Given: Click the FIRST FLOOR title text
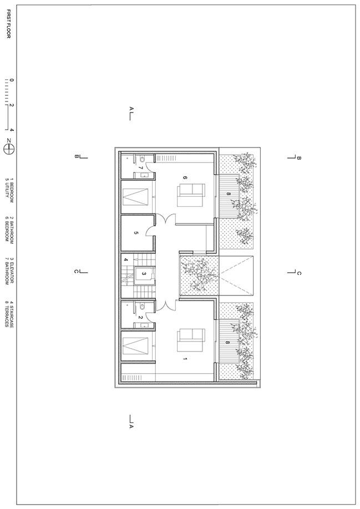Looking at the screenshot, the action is pyautogui.click(x=8, y=24).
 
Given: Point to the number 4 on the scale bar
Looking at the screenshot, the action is pyautogui.click(x=12, y=130).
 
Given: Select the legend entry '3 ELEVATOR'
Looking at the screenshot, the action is pyautogui.click(x=12, y=271).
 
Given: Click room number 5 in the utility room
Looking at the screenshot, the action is pyautogui.click(x=136, y=233).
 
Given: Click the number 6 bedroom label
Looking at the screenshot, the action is pyautogui.click(x=185, y=177).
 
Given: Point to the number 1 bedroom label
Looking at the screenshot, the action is pyautogui.click(x=185, y=359).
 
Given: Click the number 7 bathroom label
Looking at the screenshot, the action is pyautogui.click(x=141, y=168).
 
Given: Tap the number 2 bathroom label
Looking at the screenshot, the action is pyautogui.click(x=141, y=318).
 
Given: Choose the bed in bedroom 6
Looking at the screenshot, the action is pyautogui.click(x=191, y=195).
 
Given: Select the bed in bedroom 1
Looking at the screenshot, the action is pyautogui.click(x=191, y=340).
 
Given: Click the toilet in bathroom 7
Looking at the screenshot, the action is pyautogui.click(x=142, y=159).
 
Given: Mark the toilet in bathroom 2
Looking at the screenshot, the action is pyautogui.click(x=142, y=307).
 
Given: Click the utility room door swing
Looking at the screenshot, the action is pyautogui.click(x=150, y=231).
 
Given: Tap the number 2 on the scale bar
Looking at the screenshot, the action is pyautogui.click(x=12, y=105).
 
